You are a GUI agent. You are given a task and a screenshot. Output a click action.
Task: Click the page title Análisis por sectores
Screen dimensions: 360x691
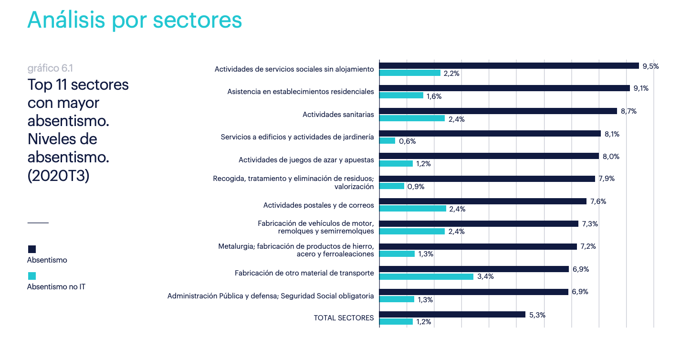(135, 20)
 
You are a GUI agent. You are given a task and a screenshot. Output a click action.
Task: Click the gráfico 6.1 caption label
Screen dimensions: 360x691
(50, 68)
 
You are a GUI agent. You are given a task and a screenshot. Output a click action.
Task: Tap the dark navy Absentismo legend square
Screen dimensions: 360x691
(32, 249)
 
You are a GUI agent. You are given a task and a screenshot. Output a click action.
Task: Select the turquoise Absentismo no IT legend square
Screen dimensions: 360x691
(32, 276)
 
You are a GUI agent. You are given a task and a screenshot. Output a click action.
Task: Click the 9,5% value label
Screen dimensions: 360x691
(650, 66)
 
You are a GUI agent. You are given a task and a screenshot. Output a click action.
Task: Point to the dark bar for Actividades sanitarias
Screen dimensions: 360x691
(498, 111)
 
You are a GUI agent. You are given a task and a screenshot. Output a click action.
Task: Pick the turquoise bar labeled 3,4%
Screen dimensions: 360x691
(426, 276)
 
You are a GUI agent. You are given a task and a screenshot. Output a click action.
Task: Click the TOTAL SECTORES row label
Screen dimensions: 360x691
(344, 318)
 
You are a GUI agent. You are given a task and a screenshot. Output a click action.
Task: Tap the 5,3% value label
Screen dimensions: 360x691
(537, 315)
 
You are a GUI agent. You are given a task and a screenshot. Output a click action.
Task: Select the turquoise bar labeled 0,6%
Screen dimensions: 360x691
(387, 141)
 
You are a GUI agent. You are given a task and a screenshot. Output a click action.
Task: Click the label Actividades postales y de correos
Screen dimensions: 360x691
(318, 205)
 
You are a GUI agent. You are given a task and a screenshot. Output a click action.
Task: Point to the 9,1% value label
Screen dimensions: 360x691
(641, 88)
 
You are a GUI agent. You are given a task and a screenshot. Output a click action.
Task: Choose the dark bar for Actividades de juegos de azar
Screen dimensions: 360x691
(489, 156)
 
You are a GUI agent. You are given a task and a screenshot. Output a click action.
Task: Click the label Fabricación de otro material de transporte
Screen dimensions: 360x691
(304, 273)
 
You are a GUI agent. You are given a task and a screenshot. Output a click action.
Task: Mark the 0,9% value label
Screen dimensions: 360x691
(416, 187)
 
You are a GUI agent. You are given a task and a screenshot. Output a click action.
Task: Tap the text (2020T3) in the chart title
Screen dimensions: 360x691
(58, 175)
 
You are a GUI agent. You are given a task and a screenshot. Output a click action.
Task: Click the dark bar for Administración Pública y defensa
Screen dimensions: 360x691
(473, 292)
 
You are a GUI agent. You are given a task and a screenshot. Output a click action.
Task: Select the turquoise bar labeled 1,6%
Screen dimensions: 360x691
(401, 95)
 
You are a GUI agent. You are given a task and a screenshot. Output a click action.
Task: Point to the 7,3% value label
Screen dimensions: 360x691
(590, 224)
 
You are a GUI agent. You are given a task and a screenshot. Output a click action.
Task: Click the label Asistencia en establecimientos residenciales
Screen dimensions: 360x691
(301, 92)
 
